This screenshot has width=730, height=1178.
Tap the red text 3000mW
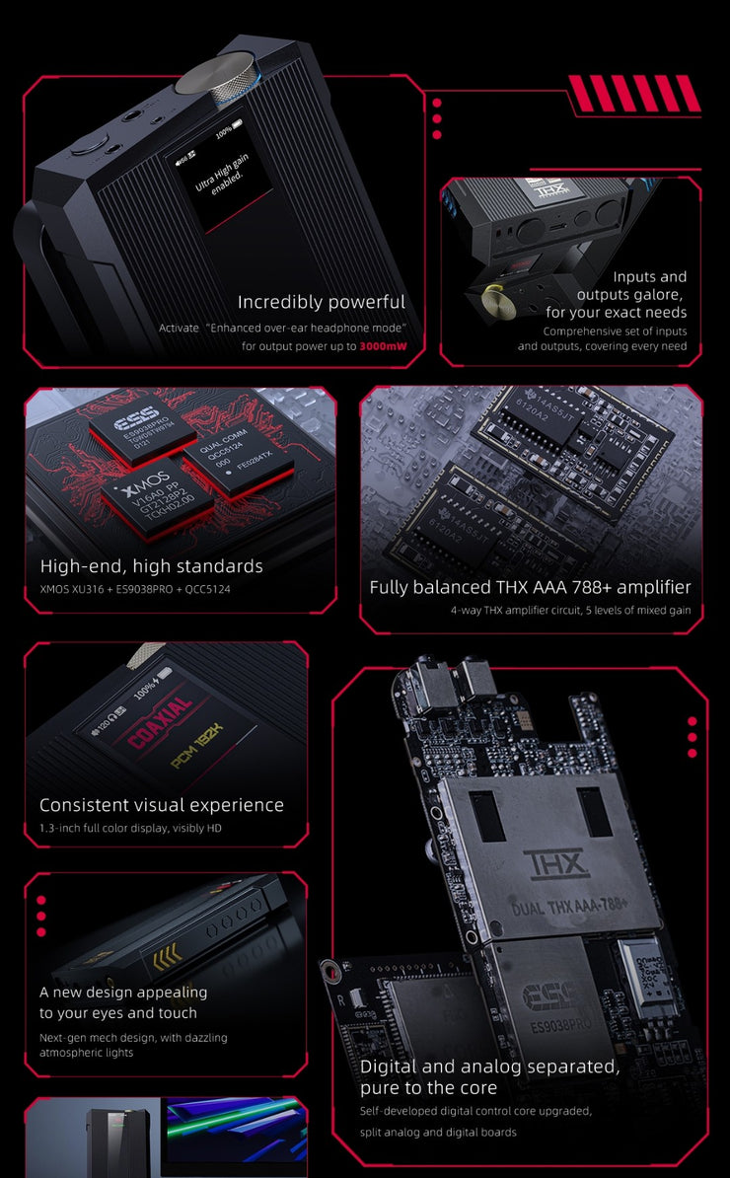[x=383, y=346]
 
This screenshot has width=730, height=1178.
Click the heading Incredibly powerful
[x=322, y=302]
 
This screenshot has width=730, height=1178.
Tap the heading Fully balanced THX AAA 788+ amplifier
[x=530, y=587]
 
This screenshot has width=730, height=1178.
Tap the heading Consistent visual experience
[x=162, y=805]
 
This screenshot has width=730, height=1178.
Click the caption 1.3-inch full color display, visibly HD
[x=131, y=828]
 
